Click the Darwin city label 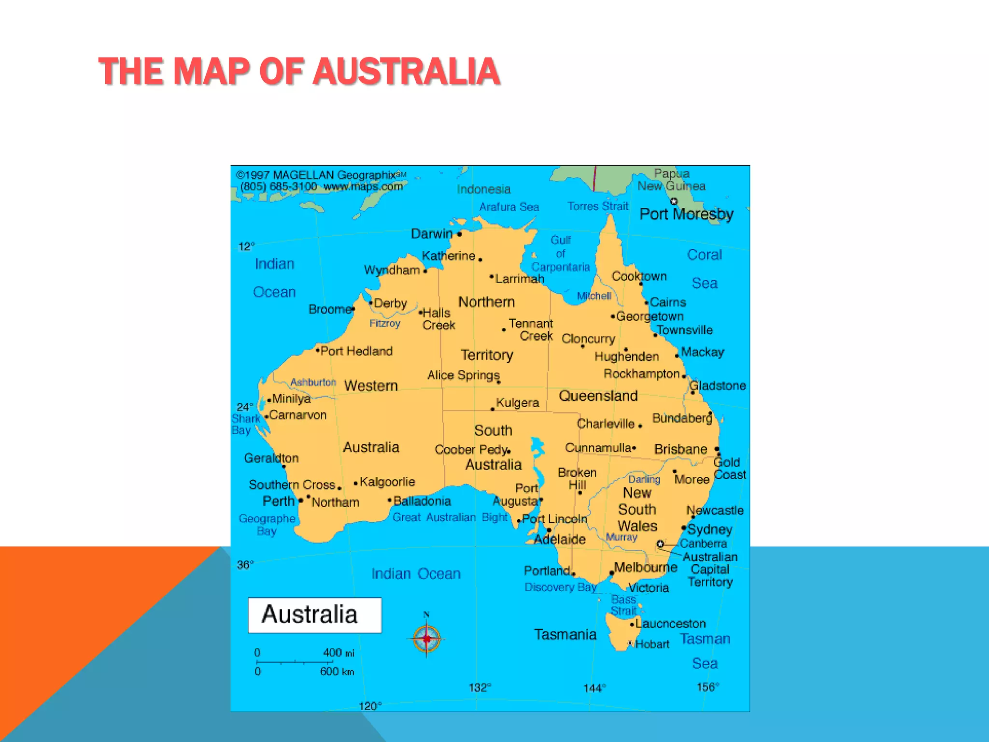pos(432,234)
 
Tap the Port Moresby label pos(686,214)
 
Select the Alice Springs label pos(463,375)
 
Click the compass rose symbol pos(426,639)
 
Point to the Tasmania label pos(565,634)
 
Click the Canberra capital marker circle pos(660,544)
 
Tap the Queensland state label pos(598,396)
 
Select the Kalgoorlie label pos(387,482)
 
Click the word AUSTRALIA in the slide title pos(406,71)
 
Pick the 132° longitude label pos(480,687)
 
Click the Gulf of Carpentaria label pos(561,254)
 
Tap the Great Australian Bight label pos(450,517)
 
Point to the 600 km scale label pos(337,671)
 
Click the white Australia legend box pos(315,615)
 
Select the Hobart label pos(652,644)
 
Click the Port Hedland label pos(356,351)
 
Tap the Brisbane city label pos(680,449)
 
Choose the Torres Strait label pos(597,206)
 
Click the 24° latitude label pos(245,407)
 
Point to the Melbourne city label pos(645,567)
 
